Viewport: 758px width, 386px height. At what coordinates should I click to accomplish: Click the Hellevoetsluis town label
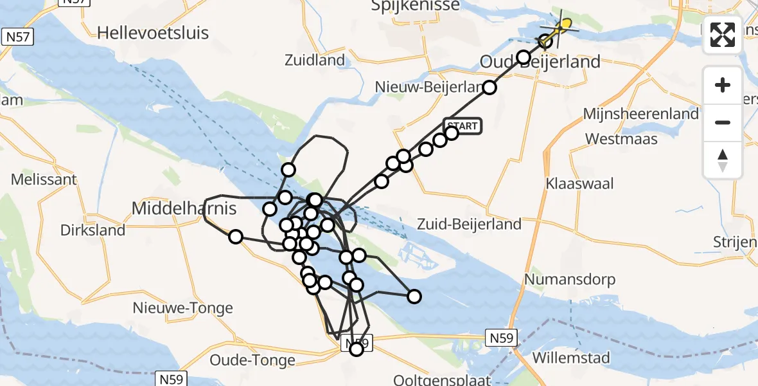click(x=154, y=33)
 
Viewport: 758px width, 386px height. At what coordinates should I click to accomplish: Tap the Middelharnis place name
click(x=184, y=208)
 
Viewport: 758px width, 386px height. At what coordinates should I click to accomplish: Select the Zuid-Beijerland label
click(x=469, y=225)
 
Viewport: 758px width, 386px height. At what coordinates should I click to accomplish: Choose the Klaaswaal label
click(x=579, y=183)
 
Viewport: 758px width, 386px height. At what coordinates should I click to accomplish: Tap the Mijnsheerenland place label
click(x=640, y=114)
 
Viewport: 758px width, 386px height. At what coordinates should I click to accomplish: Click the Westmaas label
click(x=621, y=139)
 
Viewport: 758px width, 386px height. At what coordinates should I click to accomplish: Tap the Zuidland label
click(x=315, y=61)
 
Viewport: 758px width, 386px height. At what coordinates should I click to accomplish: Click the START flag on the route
click(x=463, y=125)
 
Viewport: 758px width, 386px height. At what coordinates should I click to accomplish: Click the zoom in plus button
click(x=723, y=86)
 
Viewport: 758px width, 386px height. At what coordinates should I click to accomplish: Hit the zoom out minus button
click(x=723, y=122)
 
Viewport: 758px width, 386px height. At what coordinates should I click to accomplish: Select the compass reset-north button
click(x=723, y=160)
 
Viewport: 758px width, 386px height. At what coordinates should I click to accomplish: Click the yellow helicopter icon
click(x=563, y=26)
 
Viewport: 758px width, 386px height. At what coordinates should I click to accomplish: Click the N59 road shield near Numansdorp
click(x=502, y=337)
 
